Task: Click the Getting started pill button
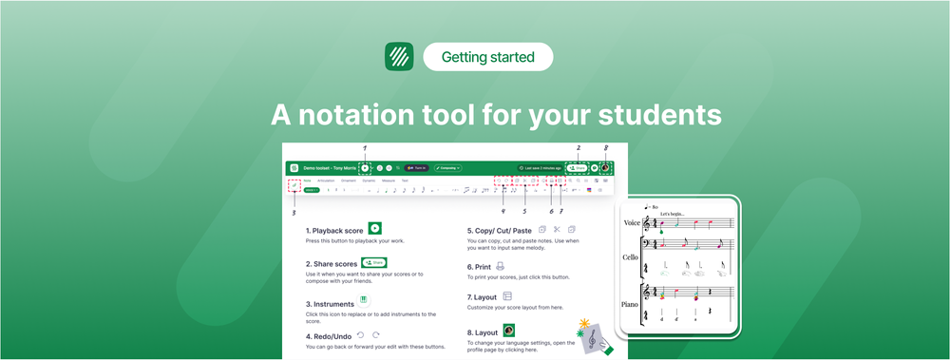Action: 487,57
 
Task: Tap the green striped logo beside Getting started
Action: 398,57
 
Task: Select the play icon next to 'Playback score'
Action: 375,228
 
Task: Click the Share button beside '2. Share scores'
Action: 374,262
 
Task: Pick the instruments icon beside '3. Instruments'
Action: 363,299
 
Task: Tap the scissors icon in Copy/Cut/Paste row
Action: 557,229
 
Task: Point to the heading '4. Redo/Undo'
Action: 329,335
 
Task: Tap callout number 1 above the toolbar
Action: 365,147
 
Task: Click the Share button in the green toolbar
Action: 577,167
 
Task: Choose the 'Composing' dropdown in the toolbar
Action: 447,167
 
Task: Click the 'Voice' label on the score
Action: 631,222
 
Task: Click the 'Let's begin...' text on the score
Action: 673,213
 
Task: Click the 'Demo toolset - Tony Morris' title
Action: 329,167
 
